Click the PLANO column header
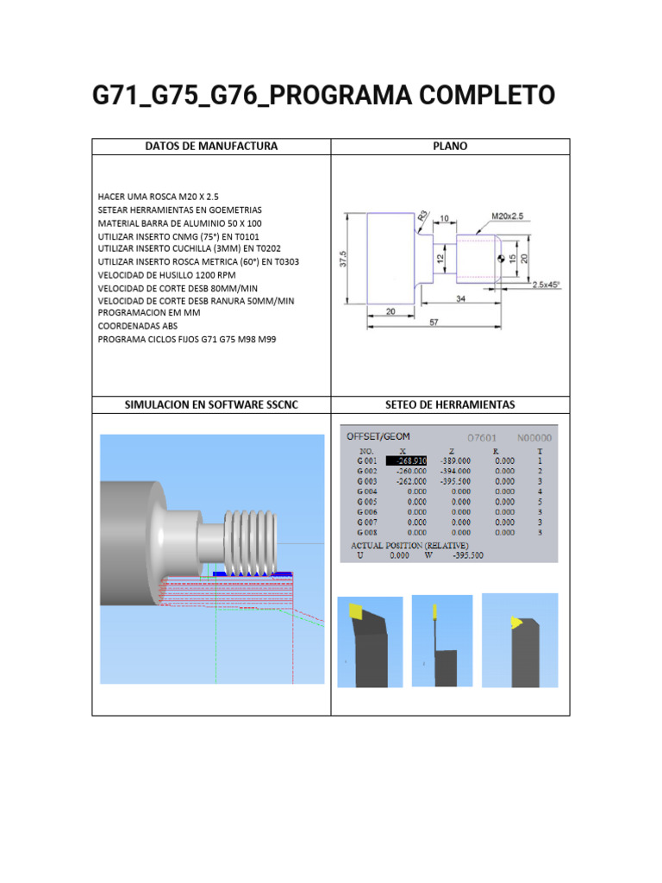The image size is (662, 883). point(450,147)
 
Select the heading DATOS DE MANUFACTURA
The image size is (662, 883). point(211,147)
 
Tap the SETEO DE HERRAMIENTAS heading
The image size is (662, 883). point(450,404)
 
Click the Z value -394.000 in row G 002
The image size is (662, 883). point(455,472)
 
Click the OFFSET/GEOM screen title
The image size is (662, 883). point(378,436)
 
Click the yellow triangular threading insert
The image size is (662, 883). point(516,622)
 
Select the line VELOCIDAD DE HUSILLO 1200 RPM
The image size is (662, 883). point(170,275)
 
